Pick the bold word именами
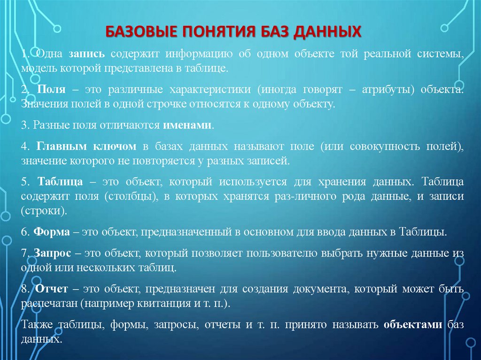(x=187, y=125)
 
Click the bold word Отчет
(x=51, y=289)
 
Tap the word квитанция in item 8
(x=168, y=303)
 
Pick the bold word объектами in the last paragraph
(x=413, y=325)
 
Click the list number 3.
(x=23, y=125)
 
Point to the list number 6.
(x=23, y=232)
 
